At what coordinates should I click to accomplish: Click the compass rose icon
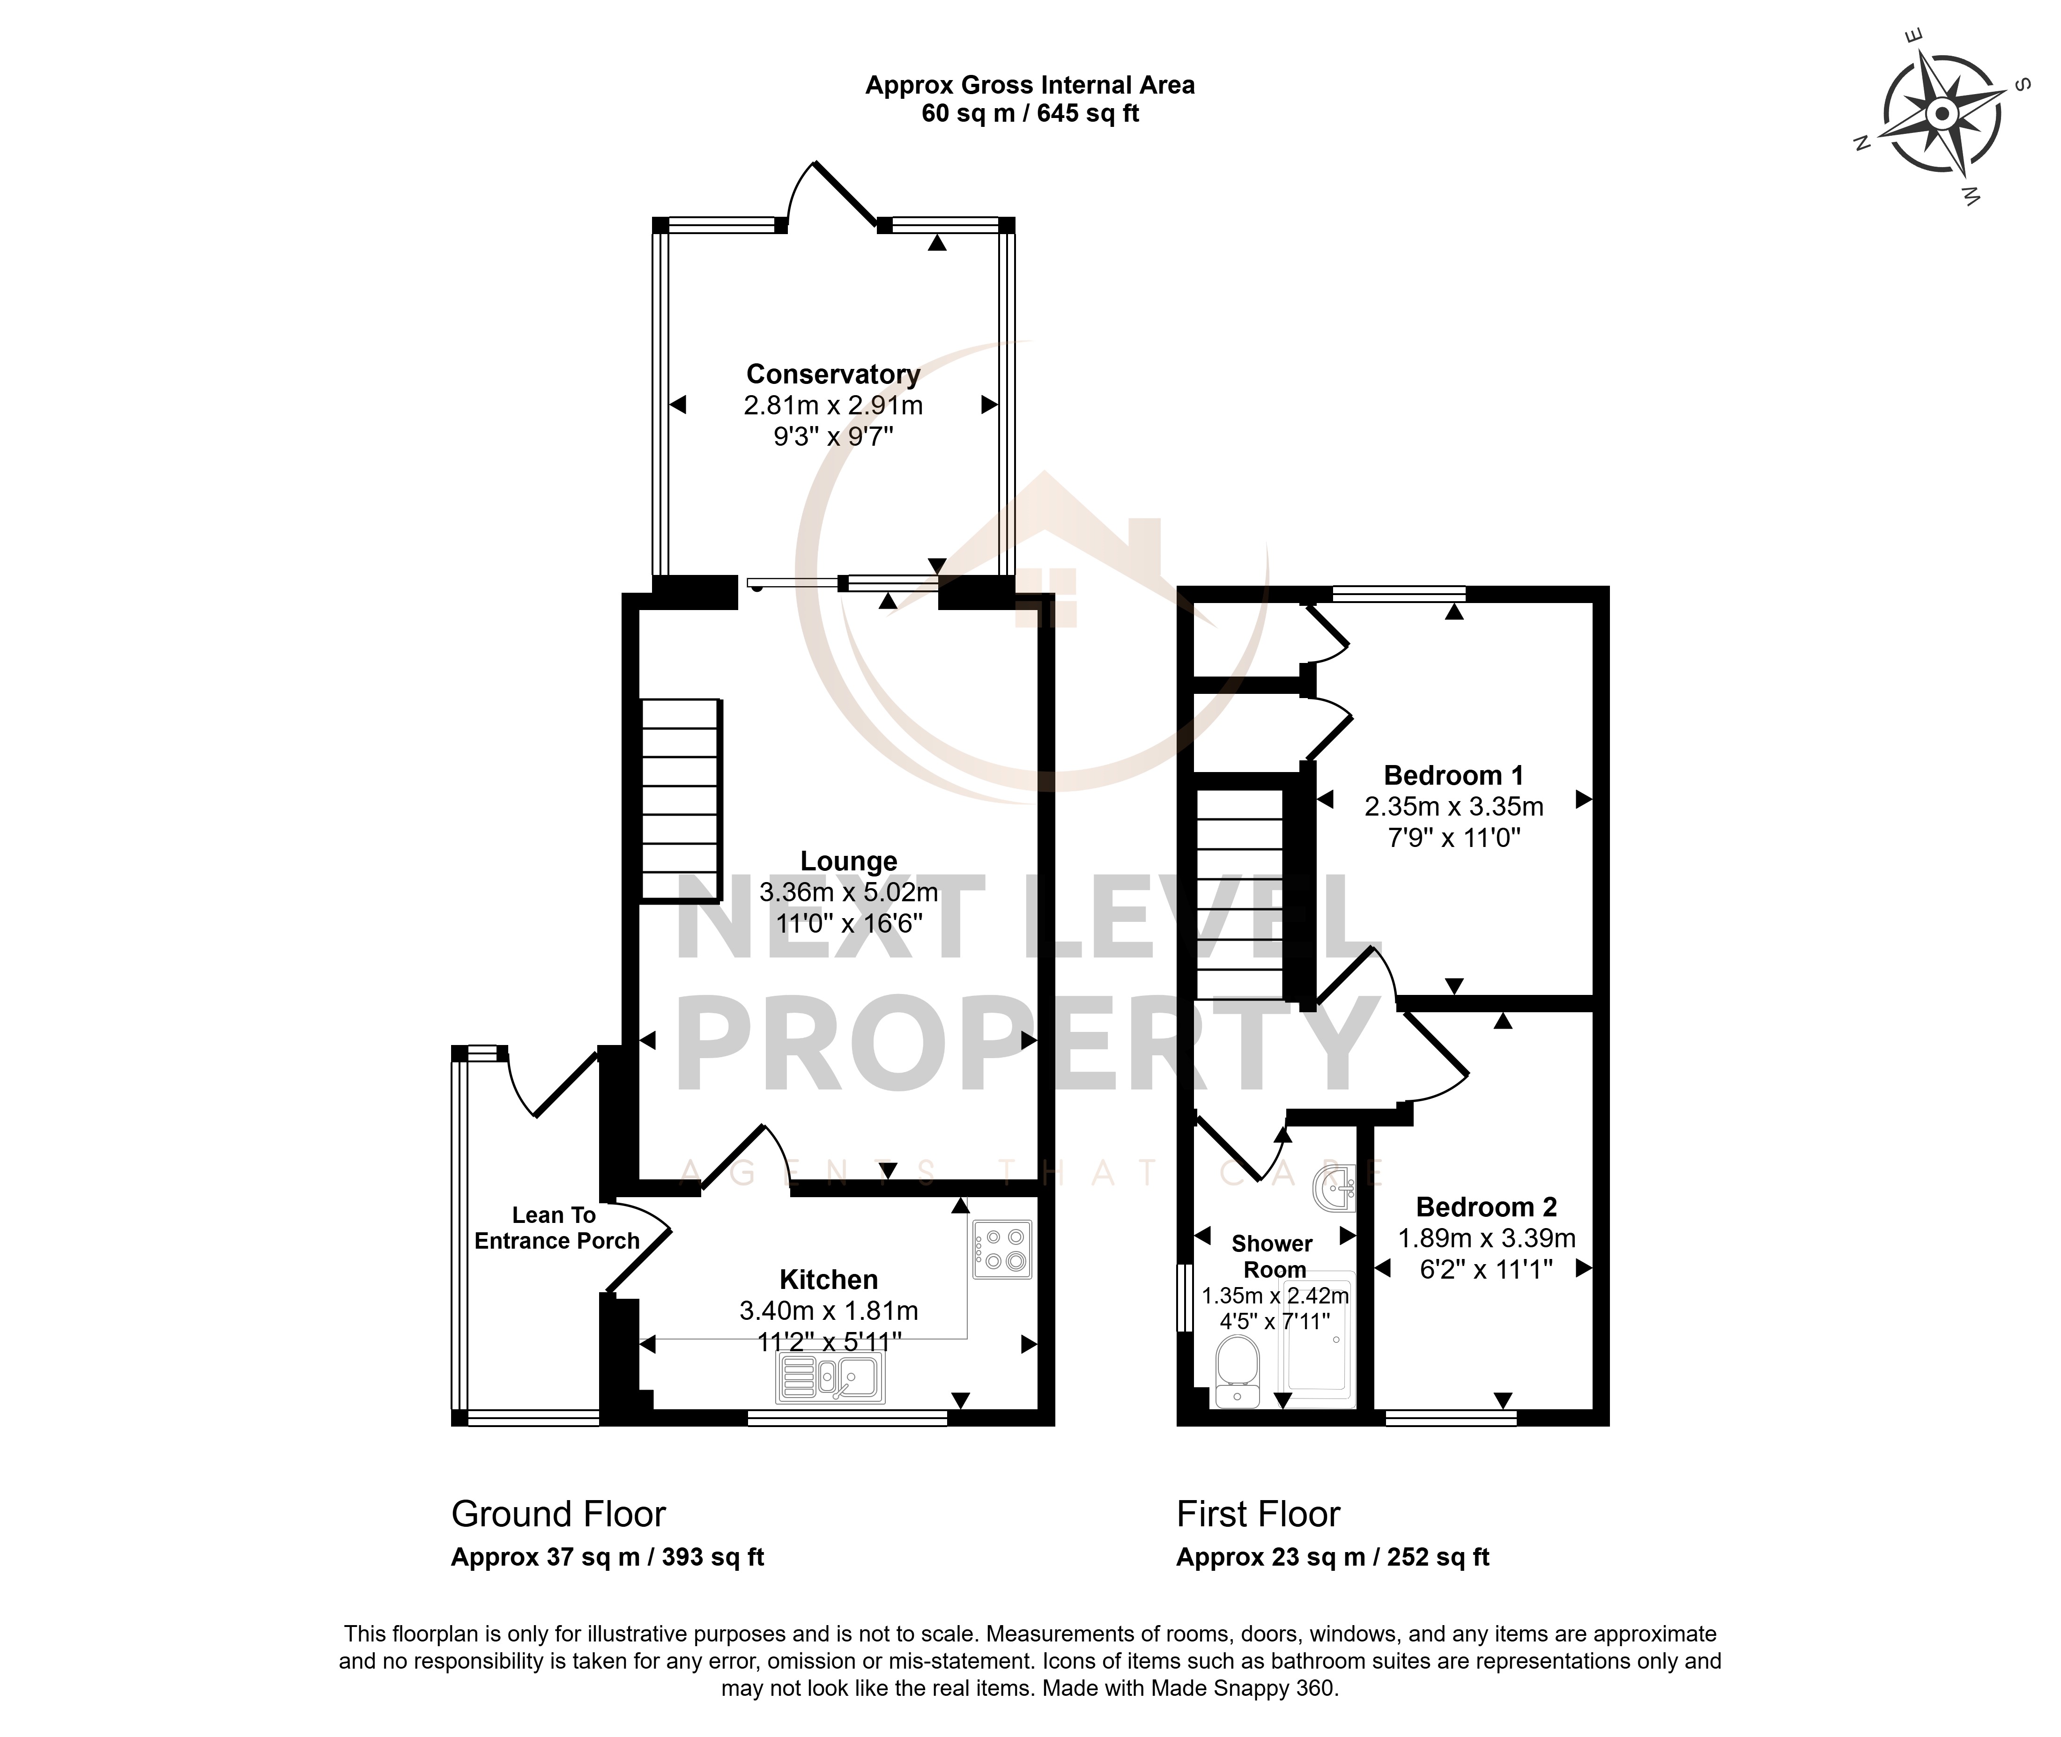pyautogui.click(x=1941, y=116)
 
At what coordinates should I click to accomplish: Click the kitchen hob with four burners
pyautogui.click(x=1002, y=1250)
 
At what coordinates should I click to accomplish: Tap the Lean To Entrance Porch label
pyautogui.click(x=556, y=1228)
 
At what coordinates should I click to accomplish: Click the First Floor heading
pyautogui.click(x=1258, y=1514)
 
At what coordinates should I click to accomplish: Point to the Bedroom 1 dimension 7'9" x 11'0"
pyautogui.click(x=1453, y=838)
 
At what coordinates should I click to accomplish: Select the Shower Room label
pyautogui.click(x=1273, y=1257)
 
